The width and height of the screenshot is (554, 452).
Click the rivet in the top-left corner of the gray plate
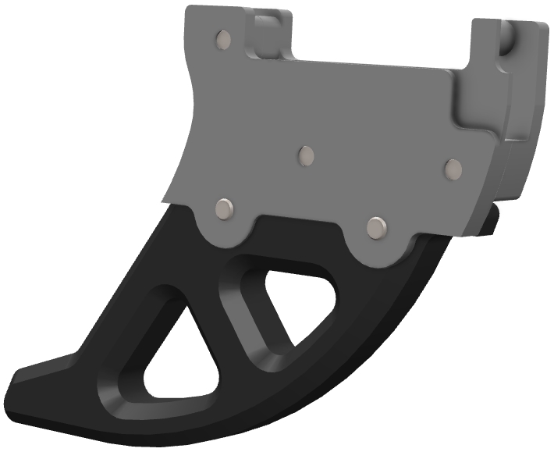(x=223, y=38)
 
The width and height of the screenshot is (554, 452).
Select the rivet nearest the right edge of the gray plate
(x=453, y=168)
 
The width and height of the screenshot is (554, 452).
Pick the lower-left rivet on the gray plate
(x=226, y=208)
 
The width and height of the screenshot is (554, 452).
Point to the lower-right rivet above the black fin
(x=378, y=226)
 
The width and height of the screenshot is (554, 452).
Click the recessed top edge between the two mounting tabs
(x=375, y=64)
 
